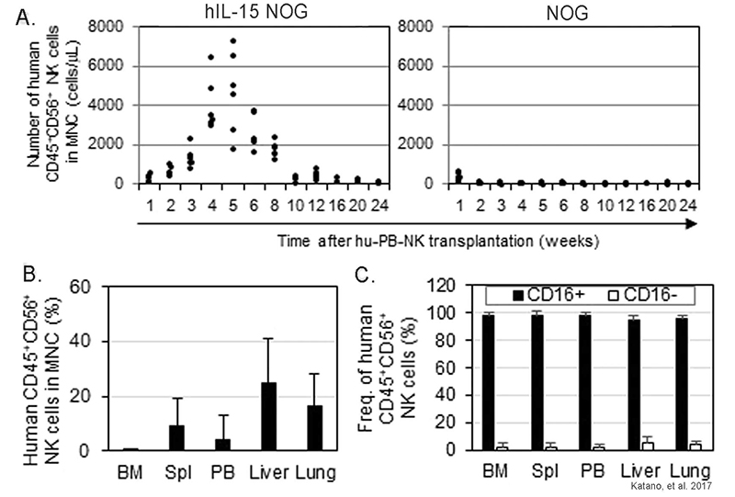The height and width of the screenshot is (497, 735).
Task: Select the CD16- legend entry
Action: click(644, 295)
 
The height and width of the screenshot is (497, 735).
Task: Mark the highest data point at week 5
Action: click(233, 41)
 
